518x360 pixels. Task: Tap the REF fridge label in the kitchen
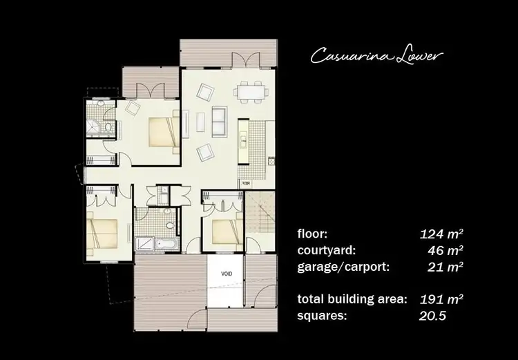click(244, 183)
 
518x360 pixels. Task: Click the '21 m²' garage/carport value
click(445, 266)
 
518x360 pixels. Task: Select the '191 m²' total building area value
click(441, 299)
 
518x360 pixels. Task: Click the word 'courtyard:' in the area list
click(326, 249)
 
